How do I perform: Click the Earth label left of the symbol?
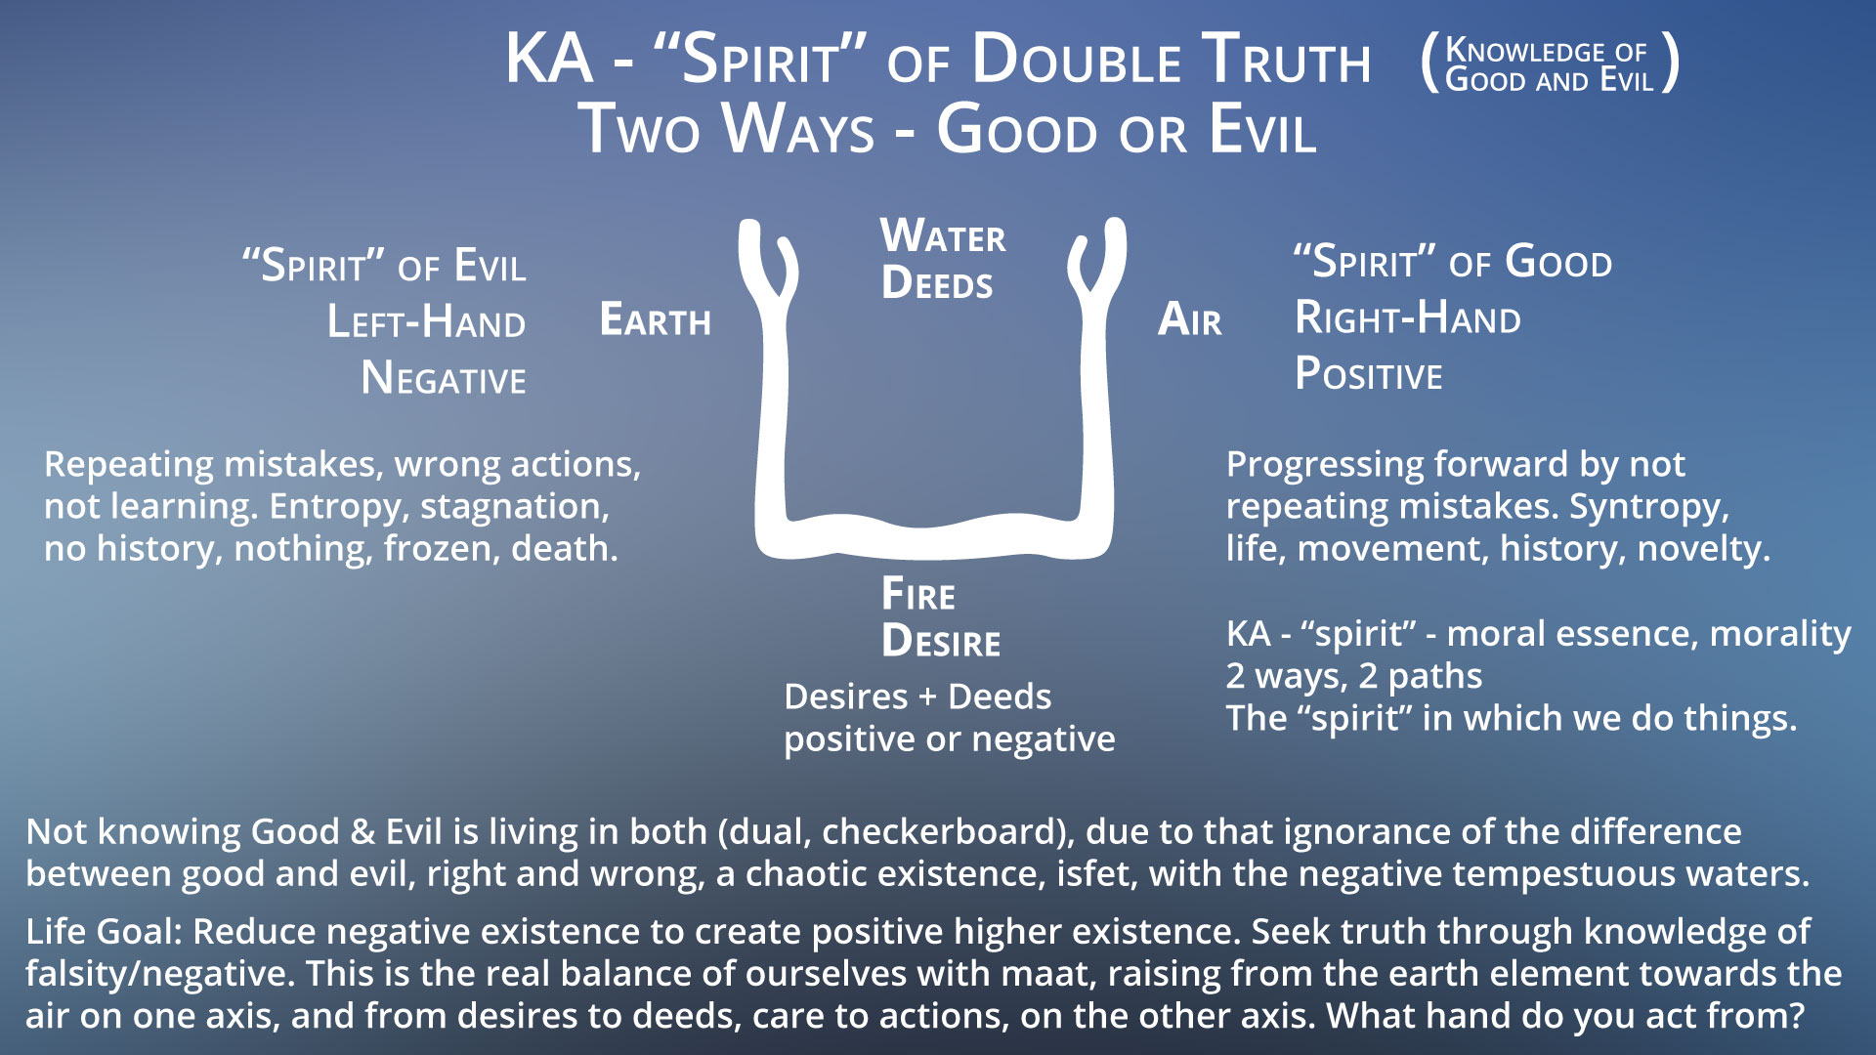656,319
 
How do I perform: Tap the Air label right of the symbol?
1189,319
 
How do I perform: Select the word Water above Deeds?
943,236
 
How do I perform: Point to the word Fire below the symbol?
918,594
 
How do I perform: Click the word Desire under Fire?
941,642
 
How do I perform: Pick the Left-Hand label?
426,321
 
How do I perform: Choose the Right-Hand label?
1408,317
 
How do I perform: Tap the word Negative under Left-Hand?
444,378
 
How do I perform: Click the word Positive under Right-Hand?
1369,374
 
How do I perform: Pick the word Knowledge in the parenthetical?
1512,50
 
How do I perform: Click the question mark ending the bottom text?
1795,1016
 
